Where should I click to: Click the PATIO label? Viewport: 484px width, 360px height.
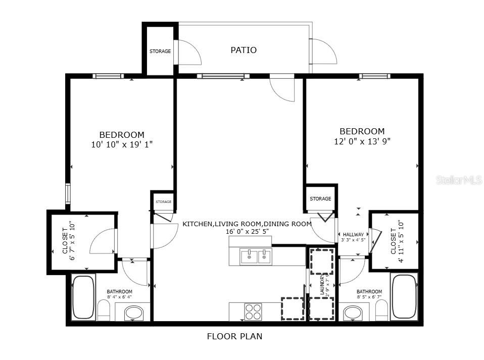[x=244, y=50]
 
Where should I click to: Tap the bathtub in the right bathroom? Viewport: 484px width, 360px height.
[x=404, y=297]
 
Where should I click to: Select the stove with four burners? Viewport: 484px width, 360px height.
[x=253, y=312]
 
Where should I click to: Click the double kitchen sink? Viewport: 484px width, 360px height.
[x=256, y=256]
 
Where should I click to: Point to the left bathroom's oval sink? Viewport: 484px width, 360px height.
[x=133, y=313]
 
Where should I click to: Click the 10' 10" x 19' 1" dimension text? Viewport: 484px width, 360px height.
[x=122, y=144]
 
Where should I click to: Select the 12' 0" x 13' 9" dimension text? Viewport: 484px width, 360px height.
[x=362, y=141]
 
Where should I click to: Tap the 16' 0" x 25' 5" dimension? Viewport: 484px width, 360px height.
[x=247, y=231]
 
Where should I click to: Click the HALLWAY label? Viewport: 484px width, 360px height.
[x=353, y=234]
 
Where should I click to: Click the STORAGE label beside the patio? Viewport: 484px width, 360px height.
[x=160, y=52]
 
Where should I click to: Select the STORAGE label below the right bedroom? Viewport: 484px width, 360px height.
[x=320, y=199]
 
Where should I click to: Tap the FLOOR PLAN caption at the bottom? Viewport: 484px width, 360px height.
[x=235, y=336]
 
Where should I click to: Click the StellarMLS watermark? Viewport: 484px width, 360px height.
[x=459, y=180]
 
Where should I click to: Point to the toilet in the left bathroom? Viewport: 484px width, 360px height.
[x=104, y=310]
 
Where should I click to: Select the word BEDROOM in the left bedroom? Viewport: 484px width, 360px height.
[x=122, y=135]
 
